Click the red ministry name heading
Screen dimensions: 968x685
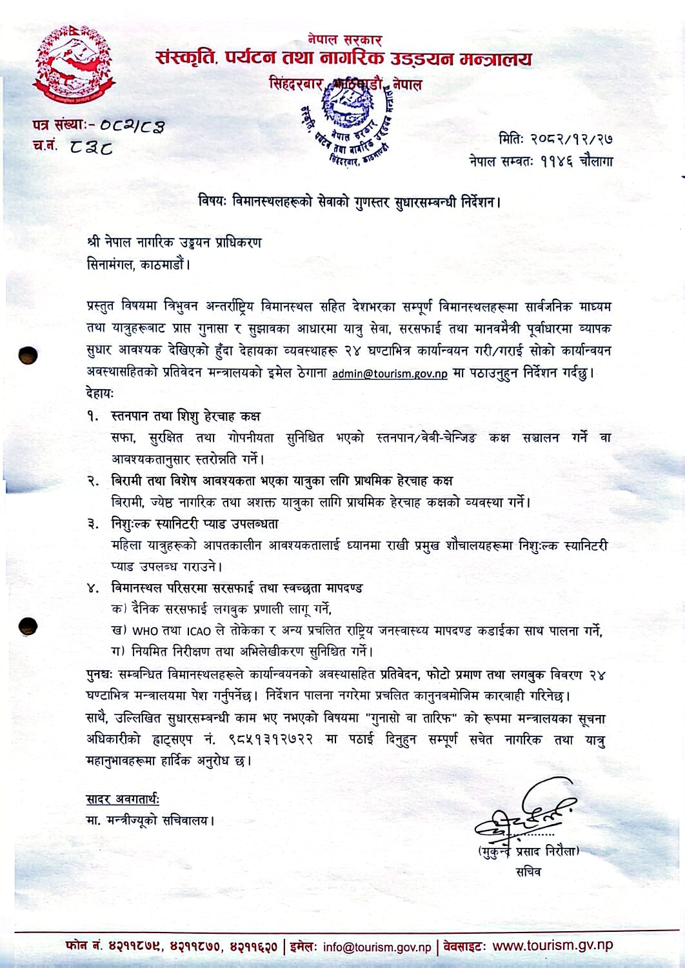(344, 59)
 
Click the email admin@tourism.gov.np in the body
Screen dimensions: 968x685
(389, 374)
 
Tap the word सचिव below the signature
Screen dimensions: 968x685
(529, 872)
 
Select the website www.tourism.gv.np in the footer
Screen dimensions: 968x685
(552, 945)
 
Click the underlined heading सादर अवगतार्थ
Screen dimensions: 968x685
(123, 800)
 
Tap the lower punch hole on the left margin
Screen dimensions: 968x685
(29, 625)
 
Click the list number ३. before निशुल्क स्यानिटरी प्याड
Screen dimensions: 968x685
(94, 523)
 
